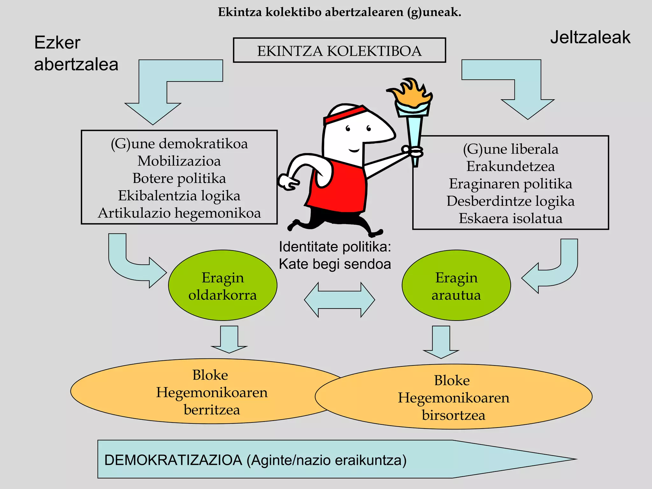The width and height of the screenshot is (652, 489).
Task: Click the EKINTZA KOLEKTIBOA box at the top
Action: pos(339,51)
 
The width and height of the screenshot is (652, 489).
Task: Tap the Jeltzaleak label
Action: pos(590,38)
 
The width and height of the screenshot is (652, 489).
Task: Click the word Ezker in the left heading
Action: pos(57,43)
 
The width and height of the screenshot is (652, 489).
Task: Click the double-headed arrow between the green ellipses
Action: pos(339,300)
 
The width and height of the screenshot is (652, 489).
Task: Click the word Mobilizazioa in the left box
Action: pos(179,161)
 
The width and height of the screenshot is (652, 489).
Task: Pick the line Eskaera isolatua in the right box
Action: pos(510,219)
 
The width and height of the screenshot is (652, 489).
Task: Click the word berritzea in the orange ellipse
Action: pos(212,410)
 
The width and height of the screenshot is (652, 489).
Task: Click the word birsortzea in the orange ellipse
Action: pos(453,415)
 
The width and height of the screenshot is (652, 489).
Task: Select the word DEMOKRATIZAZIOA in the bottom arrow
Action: pos(173,460)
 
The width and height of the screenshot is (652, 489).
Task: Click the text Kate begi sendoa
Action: pos(335,264)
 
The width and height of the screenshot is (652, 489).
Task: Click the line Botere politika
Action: pos(179,178)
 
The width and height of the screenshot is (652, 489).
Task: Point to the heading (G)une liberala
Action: pos(510,149)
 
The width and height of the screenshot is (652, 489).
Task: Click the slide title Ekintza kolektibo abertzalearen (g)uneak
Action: pos(339,12)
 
